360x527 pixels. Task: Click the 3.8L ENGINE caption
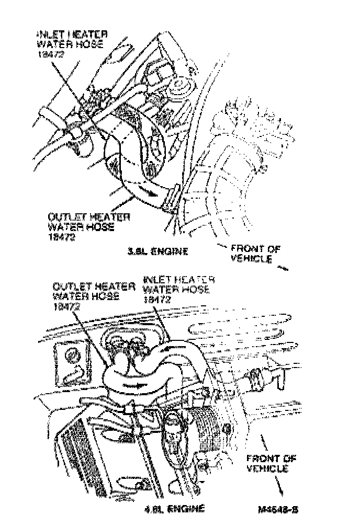click(157, 251)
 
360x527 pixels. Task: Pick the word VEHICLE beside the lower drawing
click(267, 469)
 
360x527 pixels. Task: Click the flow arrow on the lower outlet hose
click(134, 385)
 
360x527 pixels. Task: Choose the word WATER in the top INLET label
click(54, 44)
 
